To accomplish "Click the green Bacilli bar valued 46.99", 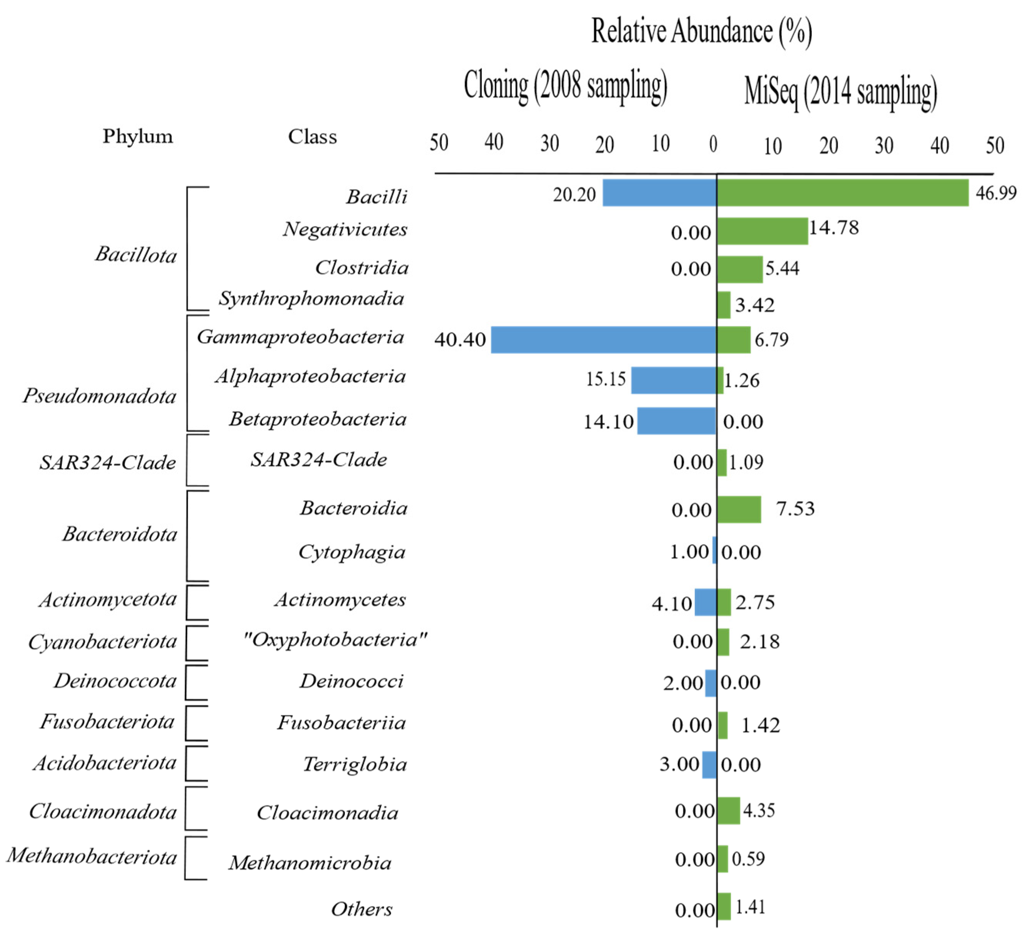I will (842, 193).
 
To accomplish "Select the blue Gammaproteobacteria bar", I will (603, 340).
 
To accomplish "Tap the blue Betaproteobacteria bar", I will (676, 421).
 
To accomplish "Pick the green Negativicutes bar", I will (762, 231).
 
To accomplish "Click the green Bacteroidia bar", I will (739, 510).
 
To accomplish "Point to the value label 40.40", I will (460, 340).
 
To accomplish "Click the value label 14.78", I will (834, 228).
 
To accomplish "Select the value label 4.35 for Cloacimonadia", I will (759, 810).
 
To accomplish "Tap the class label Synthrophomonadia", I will (311, 299).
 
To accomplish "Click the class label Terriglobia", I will (355, 764).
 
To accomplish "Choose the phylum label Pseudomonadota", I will (100, 396).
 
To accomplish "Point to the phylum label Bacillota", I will (136, 254).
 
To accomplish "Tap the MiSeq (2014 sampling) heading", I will (840, 92).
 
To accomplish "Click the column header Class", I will (312, 137).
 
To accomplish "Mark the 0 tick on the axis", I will (713, 145).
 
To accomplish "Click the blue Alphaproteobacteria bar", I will (673, 380).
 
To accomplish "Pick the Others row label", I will (361, 909).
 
